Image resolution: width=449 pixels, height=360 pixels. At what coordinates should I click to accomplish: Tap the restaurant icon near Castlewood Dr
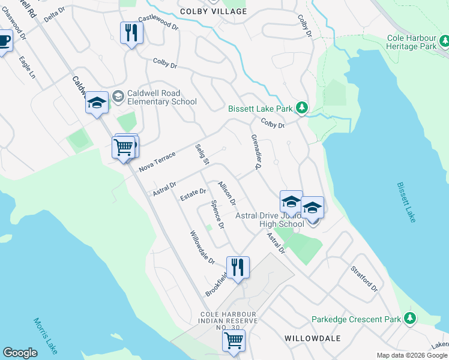coord(130,31)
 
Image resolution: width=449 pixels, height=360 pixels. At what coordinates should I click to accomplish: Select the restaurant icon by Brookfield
coord(238,266)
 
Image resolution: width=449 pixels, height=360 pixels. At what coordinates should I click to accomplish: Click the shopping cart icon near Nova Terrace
coord(124,146)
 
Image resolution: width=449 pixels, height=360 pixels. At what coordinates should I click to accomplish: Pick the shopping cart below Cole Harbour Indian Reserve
coord(234,341)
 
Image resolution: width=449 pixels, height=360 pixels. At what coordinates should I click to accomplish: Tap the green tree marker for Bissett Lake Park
coord(303,108)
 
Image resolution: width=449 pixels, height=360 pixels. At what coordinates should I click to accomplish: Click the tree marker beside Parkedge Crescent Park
coord(410,319)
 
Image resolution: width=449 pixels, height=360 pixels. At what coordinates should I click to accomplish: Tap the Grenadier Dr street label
coord(254,152)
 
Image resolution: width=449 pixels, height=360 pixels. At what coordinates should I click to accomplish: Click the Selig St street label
coord(202,155)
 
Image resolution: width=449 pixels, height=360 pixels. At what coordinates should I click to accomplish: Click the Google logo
coord(20,353)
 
